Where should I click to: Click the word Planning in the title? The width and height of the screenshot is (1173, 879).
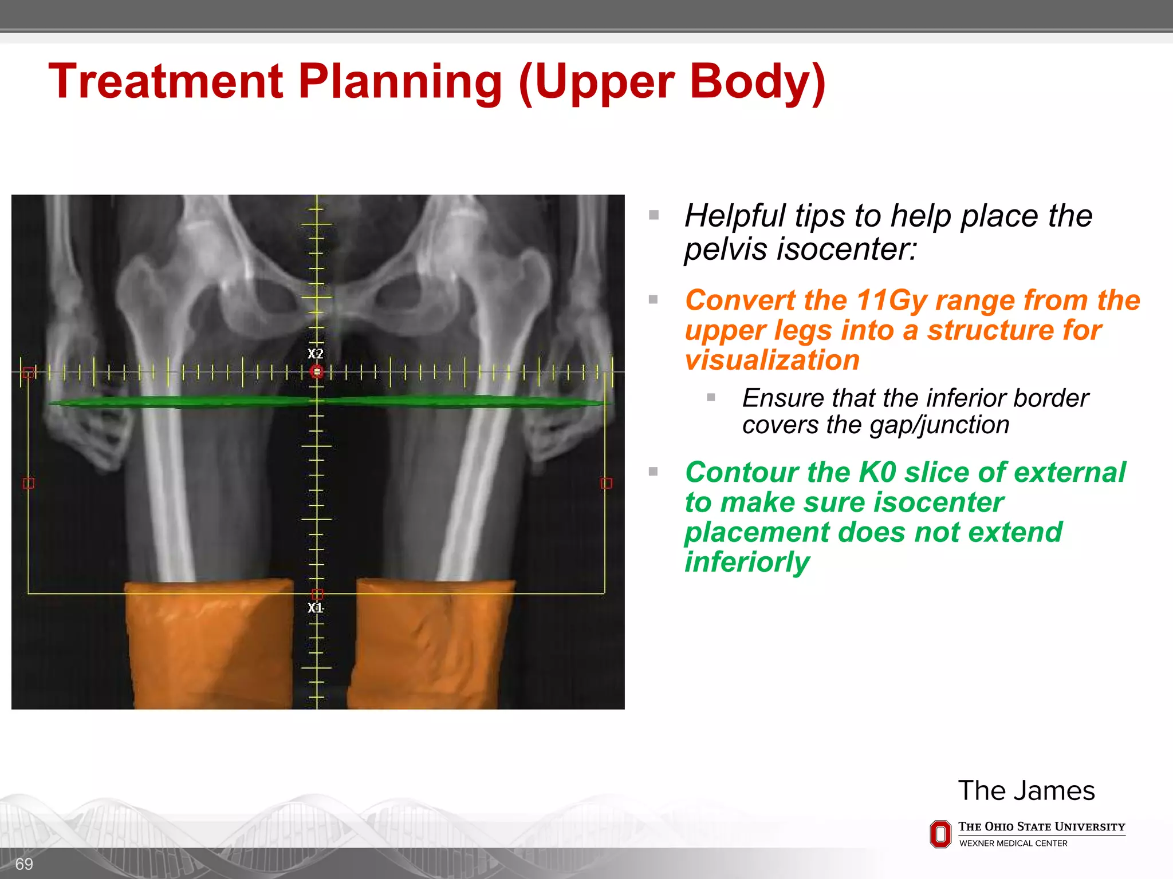pos(400,82)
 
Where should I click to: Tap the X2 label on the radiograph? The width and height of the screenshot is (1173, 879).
pos(316,354)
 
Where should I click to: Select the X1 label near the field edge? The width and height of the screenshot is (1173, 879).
pos(316,608)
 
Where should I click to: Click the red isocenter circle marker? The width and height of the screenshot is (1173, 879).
pos(317,372)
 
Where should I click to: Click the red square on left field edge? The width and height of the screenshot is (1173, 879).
pos(29,484)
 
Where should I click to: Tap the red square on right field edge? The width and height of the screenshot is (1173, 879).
pos(607,484)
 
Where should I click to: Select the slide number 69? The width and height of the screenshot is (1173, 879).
pos(24,864)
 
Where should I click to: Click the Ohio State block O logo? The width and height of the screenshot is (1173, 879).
pos(940,834)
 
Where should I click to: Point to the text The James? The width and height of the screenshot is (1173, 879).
pos(1026,791)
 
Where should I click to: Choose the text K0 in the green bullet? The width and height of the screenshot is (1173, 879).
pos(877,473)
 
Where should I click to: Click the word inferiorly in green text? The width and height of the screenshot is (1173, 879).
pos(747,562)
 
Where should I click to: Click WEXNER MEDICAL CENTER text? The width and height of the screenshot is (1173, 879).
pos(1013,844)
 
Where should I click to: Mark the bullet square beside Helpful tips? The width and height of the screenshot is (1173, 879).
pos(654,216)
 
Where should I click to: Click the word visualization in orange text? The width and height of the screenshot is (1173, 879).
pos(772,361)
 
